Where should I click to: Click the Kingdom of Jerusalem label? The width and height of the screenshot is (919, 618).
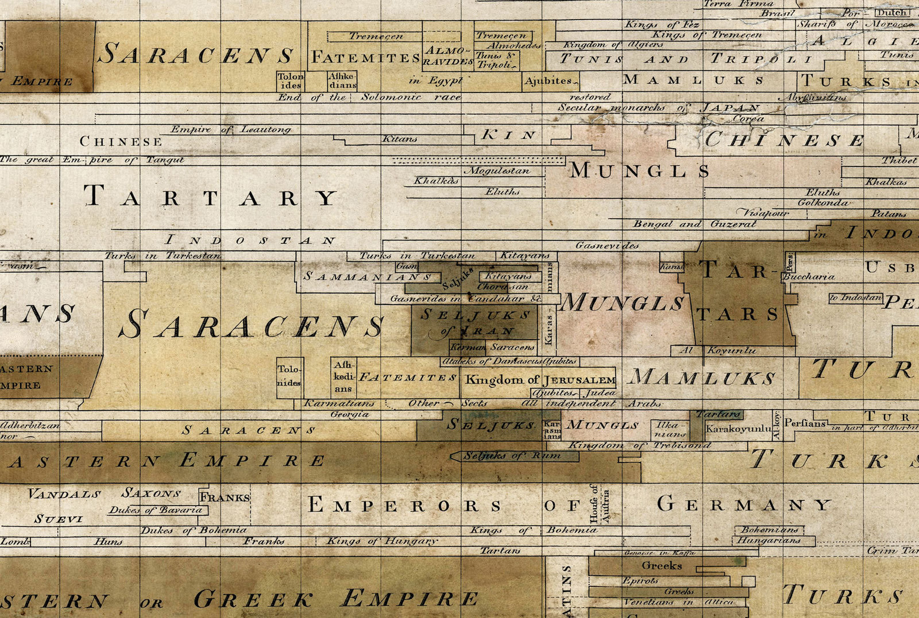tap(540, 380)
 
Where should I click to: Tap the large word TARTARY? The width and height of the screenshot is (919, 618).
tap(210, 197)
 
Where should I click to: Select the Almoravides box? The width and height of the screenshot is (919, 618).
tap(448, 56)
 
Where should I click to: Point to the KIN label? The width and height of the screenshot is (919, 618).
tap(509, 135)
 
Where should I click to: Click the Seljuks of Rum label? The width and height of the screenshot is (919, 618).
tap(512, 456)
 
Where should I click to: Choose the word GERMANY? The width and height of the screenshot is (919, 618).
tap(744, 505)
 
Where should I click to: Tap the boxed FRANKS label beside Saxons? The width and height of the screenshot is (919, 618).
tap(225, 497)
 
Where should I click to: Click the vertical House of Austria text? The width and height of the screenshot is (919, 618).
tap(599, 503)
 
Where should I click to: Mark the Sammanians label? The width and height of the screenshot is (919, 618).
tap(368, 277)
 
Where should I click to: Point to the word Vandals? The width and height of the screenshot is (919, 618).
tap(64, 494)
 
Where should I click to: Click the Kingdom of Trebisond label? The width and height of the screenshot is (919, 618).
tap(639, 445)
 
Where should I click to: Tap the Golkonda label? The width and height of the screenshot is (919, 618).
tap(823, 203)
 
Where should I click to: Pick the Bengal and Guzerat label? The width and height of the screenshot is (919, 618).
tap(694, 224)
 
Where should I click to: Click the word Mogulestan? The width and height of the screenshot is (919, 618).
tap(497, 171)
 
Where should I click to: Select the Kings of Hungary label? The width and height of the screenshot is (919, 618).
tap(382, 541)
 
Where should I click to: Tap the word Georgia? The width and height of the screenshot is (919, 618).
tap(349, 414)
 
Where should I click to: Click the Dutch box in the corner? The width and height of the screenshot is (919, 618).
tap(892, 13)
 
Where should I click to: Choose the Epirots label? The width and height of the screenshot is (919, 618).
tap(640, 581)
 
